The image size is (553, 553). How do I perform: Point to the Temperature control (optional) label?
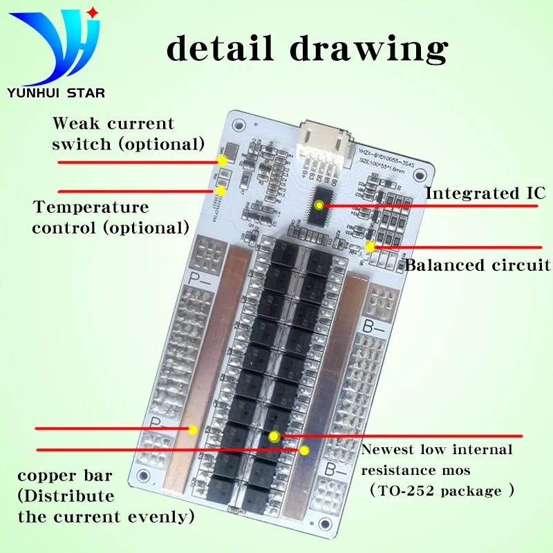point(110,217)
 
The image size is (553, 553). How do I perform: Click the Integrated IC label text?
point(485,193)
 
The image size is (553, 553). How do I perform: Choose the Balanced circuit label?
point(477,265)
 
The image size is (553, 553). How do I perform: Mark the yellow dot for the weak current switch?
point(223,160)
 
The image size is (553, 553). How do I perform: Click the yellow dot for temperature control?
point(221,190)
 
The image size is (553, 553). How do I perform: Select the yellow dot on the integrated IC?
point(319,205)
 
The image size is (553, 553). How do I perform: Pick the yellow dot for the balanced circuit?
point(370,246)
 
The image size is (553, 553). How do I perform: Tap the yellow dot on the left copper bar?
point(193,429)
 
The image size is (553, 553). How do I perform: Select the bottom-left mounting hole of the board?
point(143,476)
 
